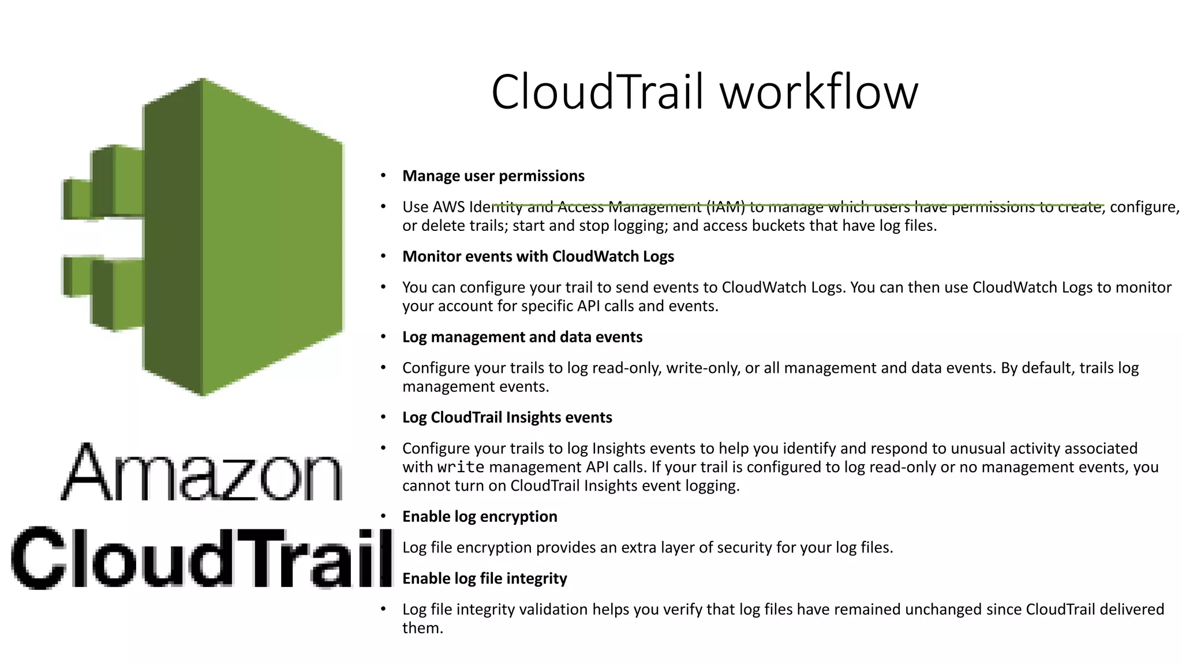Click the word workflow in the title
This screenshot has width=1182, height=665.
click(819, 92)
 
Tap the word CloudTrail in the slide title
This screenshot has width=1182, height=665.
click(598, 92)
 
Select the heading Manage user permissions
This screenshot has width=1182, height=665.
click(493, 176)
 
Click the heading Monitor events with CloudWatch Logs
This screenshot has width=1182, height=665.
click(538, 256)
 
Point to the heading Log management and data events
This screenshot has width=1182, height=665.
click(522, 337)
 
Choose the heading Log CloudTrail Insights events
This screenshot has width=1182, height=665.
click(507, 417)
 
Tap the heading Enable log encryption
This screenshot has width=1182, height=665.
click(479, 517)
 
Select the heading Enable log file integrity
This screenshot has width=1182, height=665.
click(484, 578)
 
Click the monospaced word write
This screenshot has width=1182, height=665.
click(461, 467)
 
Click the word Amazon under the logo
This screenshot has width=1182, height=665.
click(202, 472)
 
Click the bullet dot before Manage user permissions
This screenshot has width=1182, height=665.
click(383, 176)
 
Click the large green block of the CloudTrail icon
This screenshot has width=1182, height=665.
click(271, 237)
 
